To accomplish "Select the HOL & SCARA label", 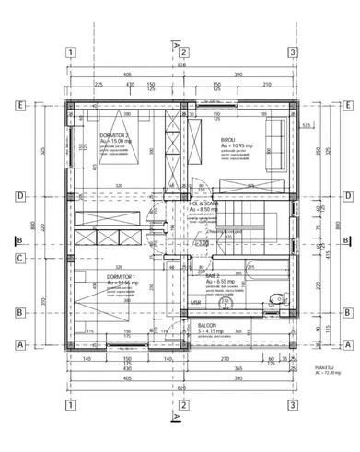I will (203, 203).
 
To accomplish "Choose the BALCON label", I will (206, 325).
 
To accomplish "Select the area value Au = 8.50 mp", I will (204, 210).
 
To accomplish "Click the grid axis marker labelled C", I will (18, 259).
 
